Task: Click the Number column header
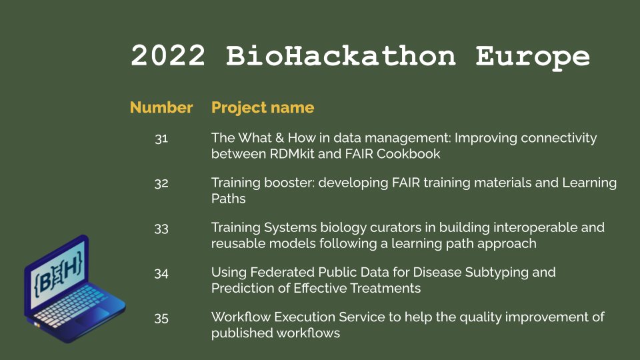(x=161, y=107)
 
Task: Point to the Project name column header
(x=263, y=107)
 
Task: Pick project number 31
(x=161, y=139)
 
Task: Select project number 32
(x=161, y=183)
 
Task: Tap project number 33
(x=161, y=228)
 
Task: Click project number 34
(x=161, y=273)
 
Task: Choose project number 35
(x=161, y=318)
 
